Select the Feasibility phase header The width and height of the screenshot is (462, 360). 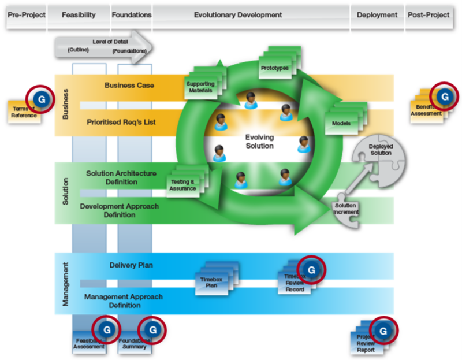[78, 14]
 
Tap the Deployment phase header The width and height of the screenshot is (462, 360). [377, 14]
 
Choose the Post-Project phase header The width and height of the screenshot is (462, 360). [428, 14]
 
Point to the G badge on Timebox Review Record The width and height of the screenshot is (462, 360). [311, 269]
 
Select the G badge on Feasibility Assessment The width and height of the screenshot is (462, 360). [105, 329]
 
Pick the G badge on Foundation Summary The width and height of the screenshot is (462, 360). [152, 329]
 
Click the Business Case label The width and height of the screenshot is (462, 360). [129, 86]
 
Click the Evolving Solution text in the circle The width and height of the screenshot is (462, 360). [259, 142]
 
